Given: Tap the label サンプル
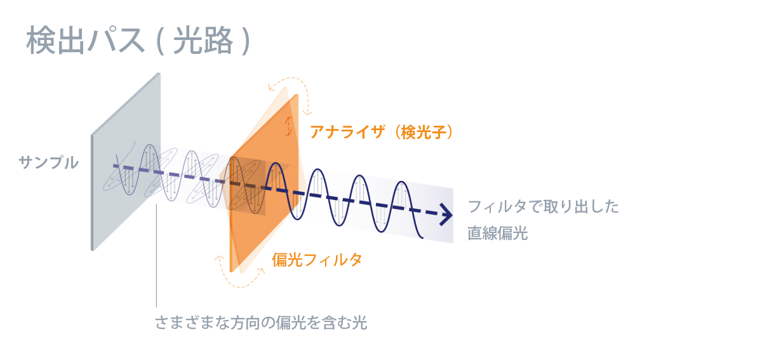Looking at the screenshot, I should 49,163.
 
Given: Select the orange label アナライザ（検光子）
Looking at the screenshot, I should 381,132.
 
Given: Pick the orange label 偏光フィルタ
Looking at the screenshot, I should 317,260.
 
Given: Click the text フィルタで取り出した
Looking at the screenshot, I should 543,207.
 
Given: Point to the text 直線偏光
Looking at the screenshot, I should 498,233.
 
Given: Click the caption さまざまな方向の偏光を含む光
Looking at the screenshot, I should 261,323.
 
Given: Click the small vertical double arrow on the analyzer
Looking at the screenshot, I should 290,126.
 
